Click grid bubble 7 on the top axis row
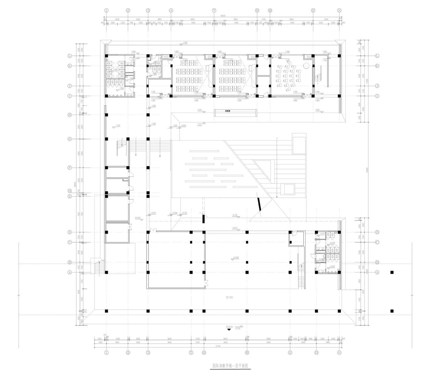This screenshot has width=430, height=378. [x=214, y=10]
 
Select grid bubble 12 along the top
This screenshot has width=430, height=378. [x=313, y=10]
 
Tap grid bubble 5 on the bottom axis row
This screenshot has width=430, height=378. [x=191, y=353]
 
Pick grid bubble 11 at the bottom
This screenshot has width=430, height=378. [x=290, y=353]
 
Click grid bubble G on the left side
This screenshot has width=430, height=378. [x=70, y=139]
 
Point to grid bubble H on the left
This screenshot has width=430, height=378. [x=70, y=115]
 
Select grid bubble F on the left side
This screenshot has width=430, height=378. [x=70, y=167]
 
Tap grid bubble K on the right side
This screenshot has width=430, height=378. [x=377, y=66]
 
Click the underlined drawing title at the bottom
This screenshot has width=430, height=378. [x=230, y=366]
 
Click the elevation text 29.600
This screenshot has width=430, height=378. [x=229, y=326]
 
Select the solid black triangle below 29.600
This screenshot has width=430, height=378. [x=229, y=330]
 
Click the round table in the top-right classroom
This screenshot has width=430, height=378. [x=306, y=66]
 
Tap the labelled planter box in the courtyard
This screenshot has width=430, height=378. [x=236, y=113]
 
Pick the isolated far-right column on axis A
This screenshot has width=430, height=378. [x=392, y=272]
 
